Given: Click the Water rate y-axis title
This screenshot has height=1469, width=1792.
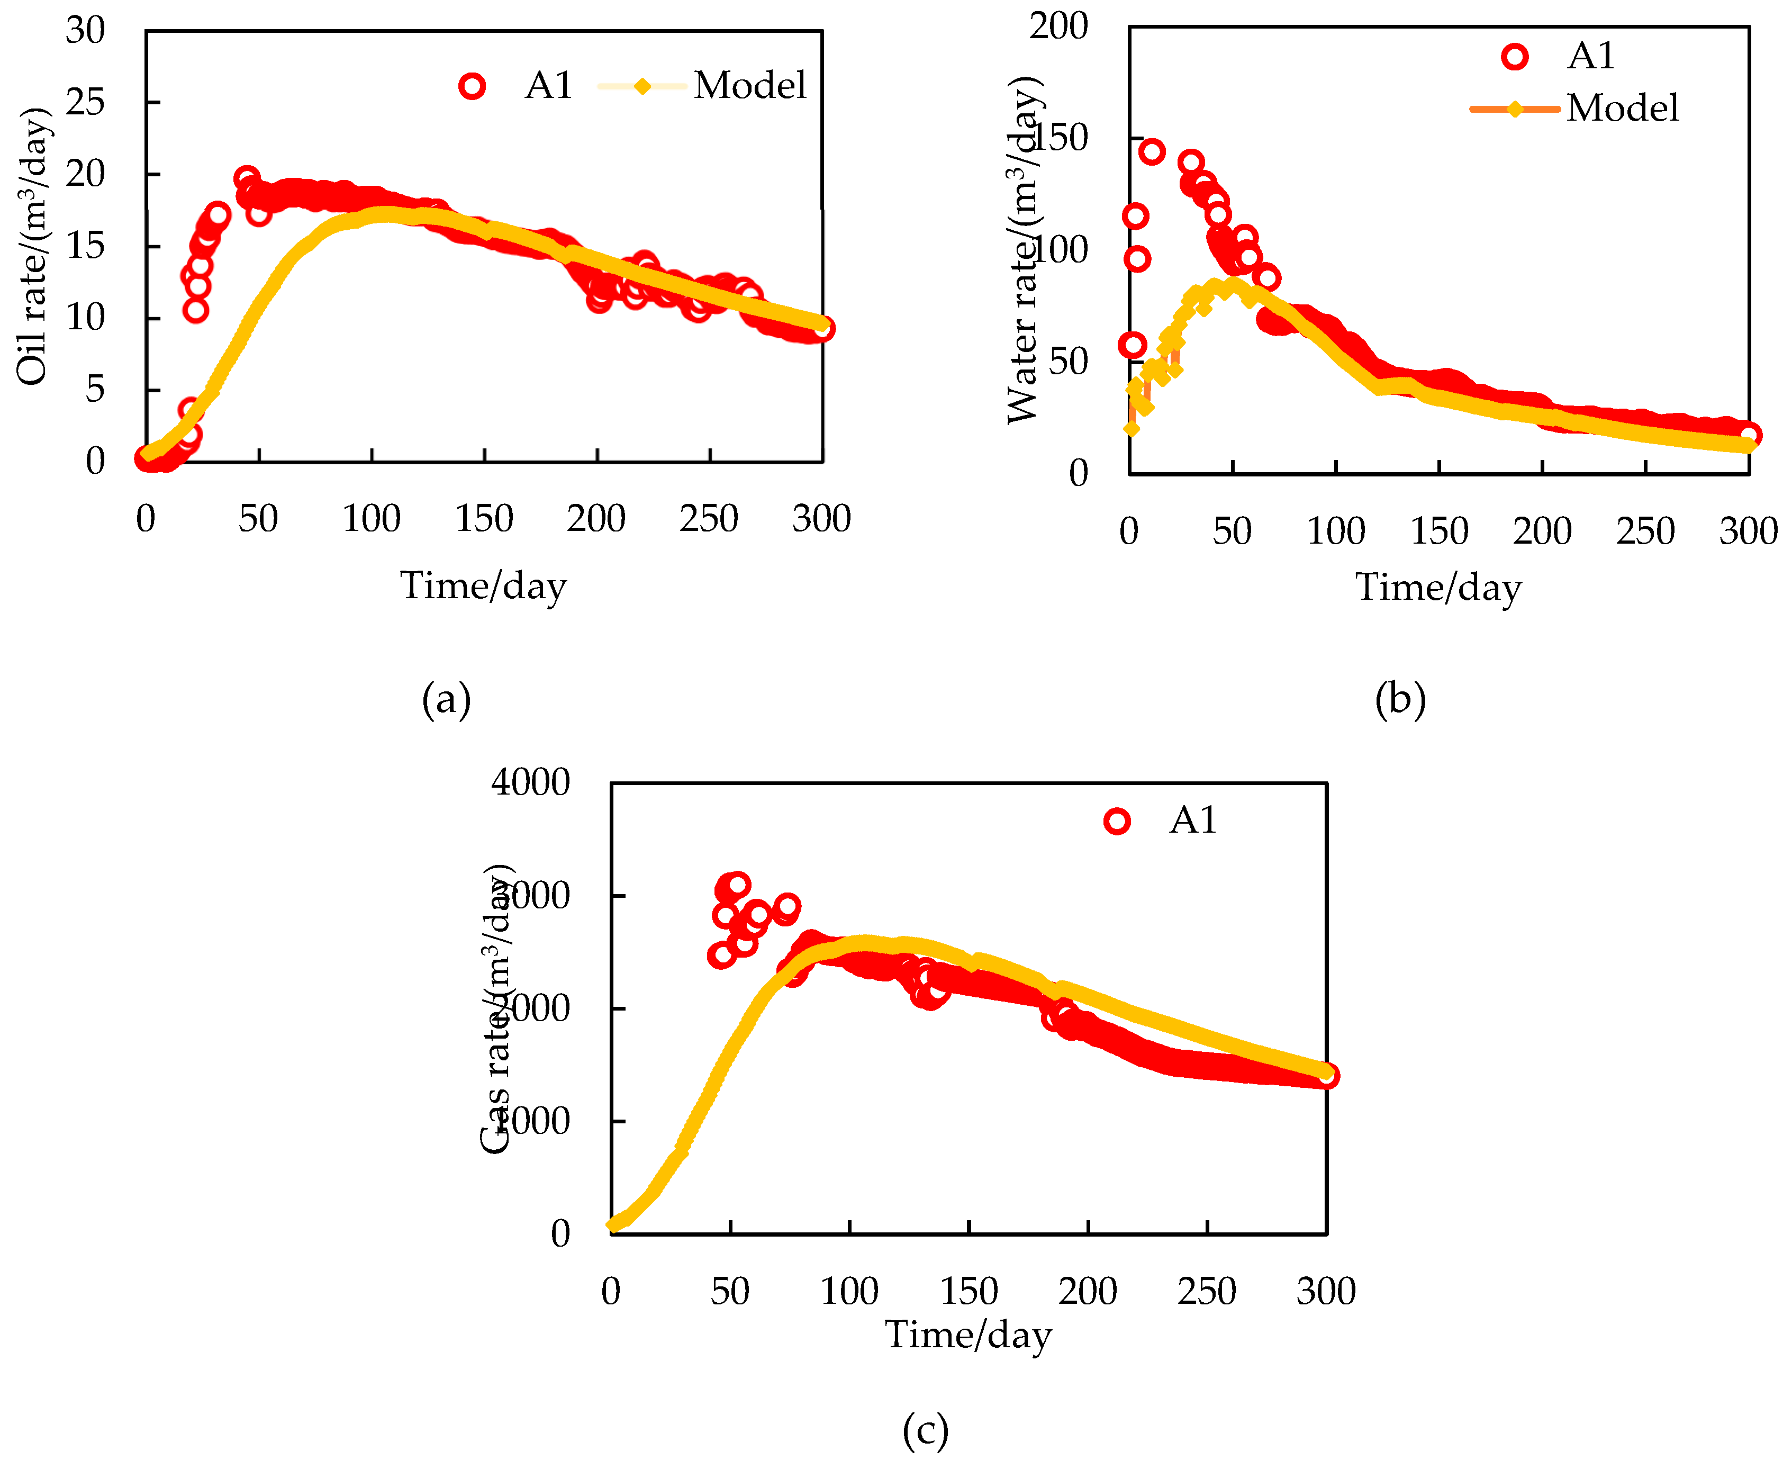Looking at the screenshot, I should pos(1023,250).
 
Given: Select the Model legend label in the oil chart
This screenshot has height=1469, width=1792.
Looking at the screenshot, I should pos(749,85).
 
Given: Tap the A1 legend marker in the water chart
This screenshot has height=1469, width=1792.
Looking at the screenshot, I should pos(1515,57).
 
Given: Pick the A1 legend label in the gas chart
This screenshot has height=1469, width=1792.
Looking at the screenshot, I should pos(1193,820).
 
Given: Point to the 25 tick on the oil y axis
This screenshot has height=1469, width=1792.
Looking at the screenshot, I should pos(85,102).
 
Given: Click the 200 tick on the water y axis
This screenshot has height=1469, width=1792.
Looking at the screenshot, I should pos(1057,26).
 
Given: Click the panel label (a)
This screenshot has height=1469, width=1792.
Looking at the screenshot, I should pos(446,699).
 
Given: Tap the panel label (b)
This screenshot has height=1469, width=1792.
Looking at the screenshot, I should pos(1400,699).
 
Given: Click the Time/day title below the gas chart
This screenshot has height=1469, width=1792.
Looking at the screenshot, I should pos(968,1335).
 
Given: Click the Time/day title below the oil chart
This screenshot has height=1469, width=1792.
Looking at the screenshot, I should pos(483,585).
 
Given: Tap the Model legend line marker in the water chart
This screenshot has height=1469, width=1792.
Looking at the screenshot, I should pos(1515,109).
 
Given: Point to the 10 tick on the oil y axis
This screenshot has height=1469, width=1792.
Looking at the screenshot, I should pos(85,318).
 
